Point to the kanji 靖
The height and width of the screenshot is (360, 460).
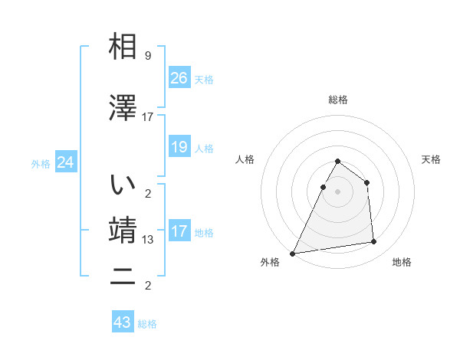123,231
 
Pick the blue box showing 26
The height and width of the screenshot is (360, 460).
179,78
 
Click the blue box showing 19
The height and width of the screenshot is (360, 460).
179,147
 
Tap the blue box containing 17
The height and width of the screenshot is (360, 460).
179,231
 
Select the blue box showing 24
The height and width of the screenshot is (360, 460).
66,162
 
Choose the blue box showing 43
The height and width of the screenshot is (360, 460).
123,322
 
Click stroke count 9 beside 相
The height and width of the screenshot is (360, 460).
147,56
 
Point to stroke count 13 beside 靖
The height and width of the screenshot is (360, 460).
147,240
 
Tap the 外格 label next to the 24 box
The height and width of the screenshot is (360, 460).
41,163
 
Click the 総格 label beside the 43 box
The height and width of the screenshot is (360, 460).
147,324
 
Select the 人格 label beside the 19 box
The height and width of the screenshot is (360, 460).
204,148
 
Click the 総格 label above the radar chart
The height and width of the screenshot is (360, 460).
337,100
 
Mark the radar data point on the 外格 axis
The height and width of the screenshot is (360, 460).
292,254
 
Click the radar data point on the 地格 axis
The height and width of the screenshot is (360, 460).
374,242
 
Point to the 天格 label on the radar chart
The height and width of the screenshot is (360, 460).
431,159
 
